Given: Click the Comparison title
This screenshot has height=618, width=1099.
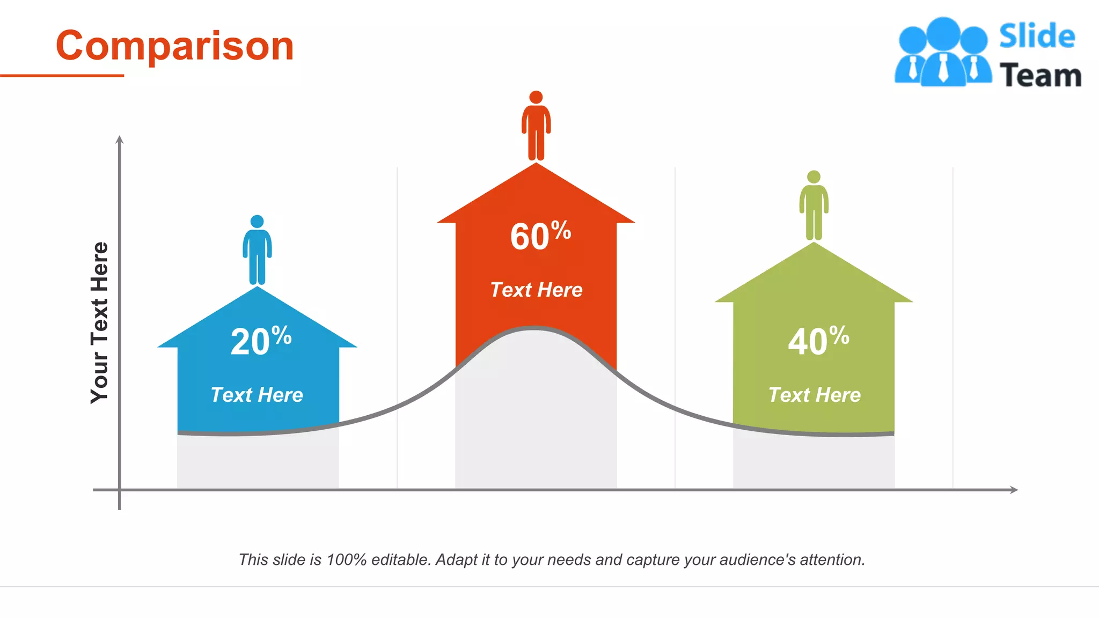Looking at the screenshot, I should [175, 46].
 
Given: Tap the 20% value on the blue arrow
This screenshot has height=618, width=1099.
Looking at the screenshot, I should [261, 341].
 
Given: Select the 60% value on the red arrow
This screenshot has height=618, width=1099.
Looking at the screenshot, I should [540, 236].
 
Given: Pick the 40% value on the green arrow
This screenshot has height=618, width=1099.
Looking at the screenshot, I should [818, 341].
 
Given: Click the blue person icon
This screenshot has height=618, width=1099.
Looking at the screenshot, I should [257, 250].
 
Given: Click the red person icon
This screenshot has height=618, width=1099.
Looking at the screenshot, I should [536, 126].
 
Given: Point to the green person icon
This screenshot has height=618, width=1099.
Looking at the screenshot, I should [814, 206].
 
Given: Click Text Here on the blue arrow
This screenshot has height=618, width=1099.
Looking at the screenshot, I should [257, 395].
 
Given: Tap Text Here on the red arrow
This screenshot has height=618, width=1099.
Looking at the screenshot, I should [536, 290].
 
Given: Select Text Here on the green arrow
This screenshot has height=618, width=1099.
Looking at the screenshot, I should [814, 395].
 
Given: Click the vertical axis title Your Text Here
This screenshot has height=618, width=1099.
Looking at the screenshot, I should [100, 322].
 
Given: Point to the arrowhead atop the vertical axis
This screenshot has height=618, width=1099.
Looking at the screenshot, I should [120, 139].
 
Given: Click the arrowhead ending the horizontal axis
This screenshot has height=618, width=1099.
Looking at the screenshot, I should [1014, 490].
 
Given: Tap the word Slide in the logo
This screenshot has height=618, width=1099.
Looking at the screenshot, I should [1037, 36].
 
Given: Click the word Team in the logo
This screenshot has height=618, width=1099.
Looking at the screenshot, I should [1040, 75].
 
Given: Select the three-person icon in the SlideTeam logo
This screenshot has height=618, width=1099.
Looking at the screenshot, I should [943, 53].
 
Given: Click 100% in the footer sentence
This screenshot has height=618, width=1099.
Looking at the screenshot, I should [346, 560].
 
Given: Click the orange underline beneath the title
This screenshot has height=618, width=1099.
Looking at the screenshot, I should [62, 76].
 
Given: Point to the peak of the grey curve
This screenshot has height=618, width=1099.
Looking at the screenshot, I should [534, 328].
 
